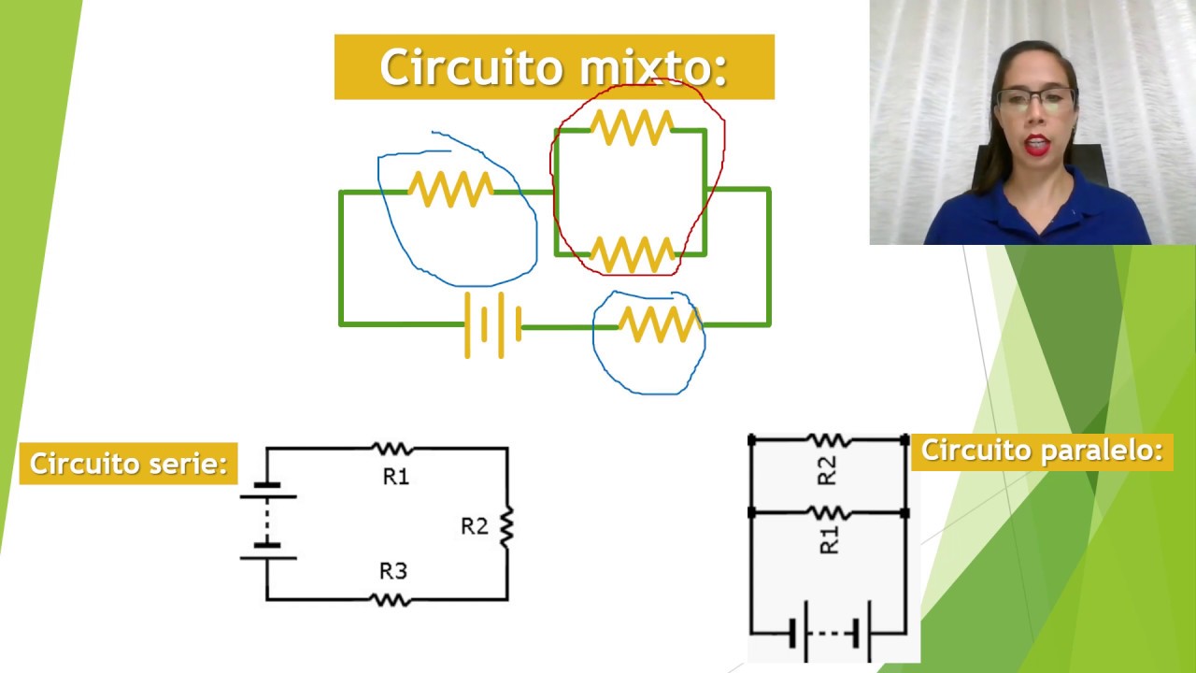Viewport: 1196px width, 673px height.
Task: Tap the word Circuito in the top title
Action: [472, 67]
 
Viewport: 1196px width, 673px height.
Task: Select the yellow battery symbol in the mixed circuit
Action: [492, 325]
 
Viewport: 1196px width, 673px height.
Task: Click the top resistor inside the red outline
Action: [631, 127]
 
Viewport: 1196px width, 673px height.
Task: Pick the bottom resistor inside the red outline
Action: [632, 254]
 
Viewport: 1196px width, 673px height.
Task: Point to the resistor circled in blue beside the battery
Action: [659, 324]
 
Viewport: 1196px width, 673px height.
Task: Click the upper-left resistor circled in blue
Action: [450, 189]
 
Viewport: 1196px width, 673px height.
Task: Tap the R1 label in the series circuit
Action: [396, 477]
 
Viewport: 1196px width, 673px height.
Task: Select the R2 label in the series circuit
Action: [474, 526]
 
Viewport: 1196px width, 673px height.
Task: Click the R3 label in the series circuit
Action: [393, 570]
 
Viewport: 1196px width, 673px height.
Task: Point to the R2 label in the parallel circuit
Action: [827, 470]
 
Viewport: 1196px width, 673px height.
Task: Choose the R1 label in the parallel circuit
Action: [829, 539]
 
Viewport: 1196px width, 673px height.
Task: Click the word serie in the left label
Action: [184, 464]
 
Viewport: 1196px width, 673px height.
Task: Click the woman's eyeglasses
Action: [1034, 100]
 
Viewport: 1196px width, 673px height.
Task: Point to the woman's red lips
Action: [1035, 145]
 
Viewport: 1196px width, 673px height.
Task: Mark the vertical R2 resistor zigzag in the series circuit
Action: [506, 526]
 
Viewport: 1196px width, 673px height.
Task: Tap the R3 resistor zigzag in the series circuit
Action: [392, 599]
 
